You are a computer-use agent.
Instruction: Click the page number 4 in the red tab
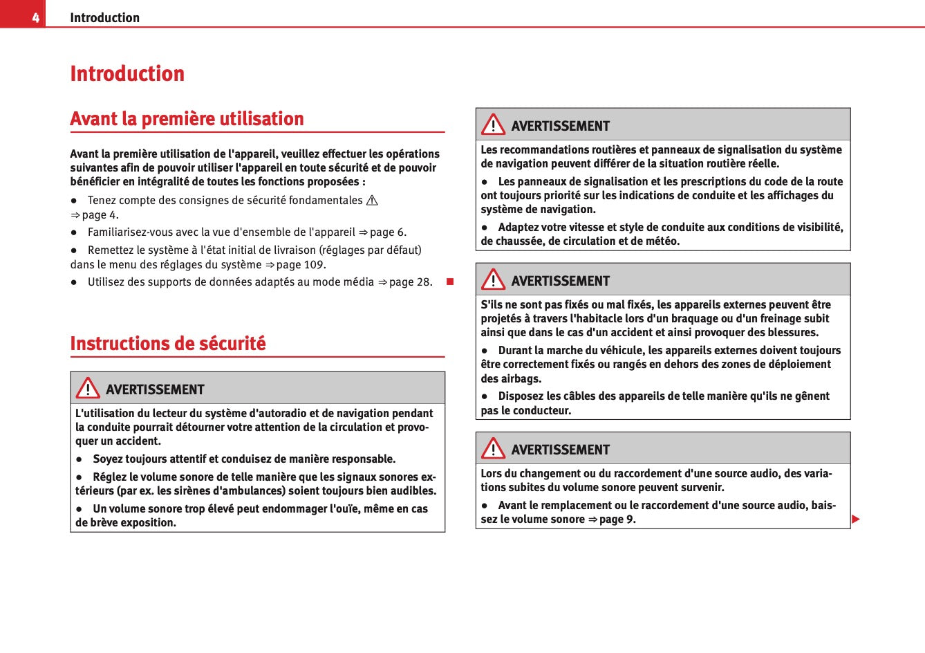tap(35, 18)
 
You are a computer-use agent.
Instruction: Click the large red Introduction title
tap(127, 73)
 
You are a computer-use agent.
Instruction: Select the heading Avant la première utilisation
tap(187, 119)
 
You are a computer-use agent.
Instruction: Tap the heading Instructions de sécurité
tap(168, 344)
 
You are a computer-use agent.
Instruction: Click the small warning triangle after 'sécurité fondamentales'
tap(372, 201)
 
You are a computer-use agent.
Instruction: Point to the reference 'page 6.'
tap(388, 232)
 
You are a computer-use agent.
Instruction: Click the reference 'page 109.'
tap(301, 265)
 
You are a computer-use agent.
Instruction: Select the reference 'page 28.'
tap(410, 282)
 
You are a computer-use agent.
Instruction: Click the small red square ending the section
tap(449, 282)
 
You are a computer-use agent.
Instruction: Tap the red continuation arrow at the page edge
tap(855, 519)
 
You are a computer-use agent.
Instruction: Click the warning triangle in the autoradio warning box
tap(88, 388)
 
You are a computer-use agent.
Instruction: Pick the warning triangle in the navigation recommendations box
tap(493, 125)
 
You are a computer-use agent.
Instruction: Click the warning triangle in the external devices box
tap(493, 279)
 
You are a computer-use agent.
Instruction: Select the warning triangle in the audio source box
tap(493, 448)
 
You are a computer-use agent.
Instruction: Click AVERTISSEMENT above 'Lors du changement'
tap(560, 450)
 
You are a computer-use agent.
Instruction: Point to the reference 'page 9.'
tap(617, 519)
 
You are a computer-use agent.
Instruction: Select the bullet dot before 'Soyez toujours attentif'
tap(80, 459)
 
